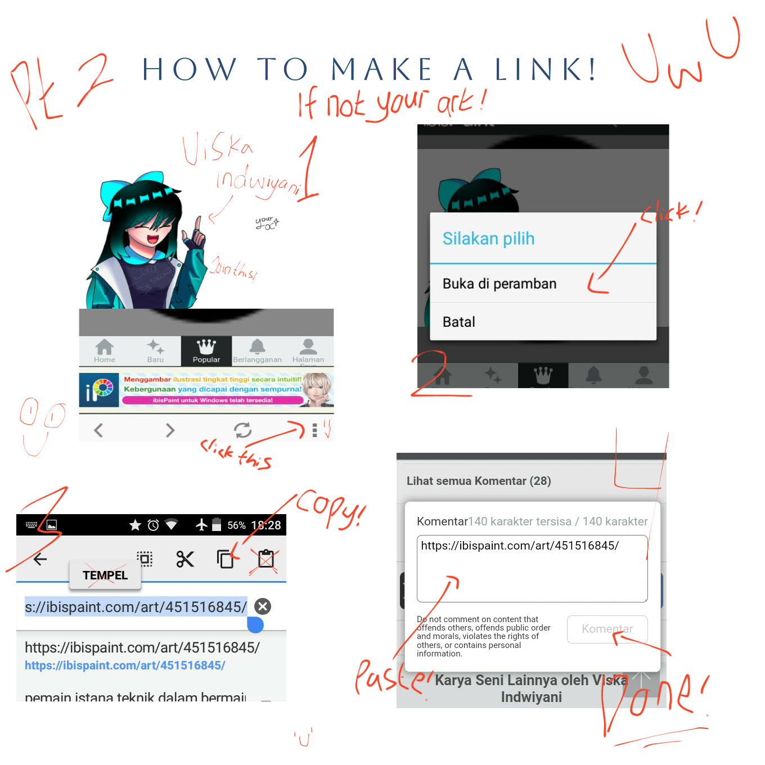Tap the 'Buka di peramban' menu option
[x=499, y=284]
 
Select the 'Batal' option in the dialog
[x=459, y=322]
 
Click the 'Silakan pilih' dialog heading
[x=488, y=239]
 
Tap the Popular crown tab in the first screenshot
[x=206, y=351]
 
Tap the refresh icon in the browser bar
[x=243, y=430]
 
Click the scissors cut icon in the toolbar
[x=185, y=559]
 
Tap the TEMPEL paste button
[x=105, y=575]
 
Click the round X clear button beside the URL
[x=263, y=606]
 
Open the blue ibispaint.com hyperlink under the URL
[x=125, y=665]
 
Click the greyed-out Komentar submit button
[x=607, y=629]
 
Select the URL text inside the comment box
[x=520, y=546]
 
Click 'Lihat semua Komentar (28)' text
[x=479, y=481]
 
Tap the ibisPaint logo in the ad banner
[x=99, y=390]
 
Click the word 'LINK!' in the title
[x=545, y=70]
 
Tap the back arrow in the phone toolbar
[x=40, y=559]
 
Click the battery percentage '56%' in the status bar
[x=236, y=525]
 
